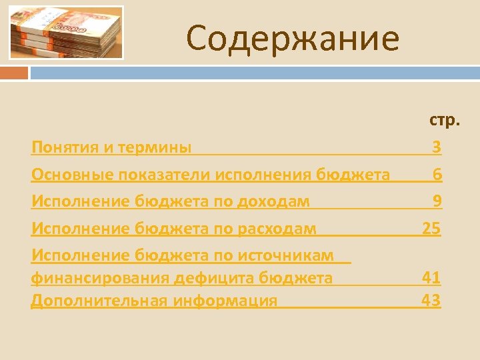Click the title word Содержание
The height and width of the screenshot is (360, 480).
click(x=293, y=38)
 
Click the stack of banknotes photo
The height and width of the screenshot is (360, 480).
click(x=66, y=33)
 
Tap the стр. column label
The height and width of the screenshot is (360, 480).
click(x=444, y=120)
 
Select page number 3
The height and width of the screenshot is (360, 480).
click(x=436, y=147)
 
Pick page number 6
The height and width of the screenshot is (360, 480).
click(x=437, y=175)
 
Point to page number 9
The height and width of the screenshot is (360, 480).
click(x=437, y=201)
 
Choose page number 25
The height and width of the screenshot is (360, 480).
click(x=431, y=229)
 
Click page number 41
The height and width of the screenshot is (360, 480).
click(x=431, y=277)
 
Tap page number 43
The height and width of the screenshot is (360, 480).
click(x=431, y=300)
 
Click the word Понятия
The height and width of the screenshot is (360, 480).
click(x=64, y=147)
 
